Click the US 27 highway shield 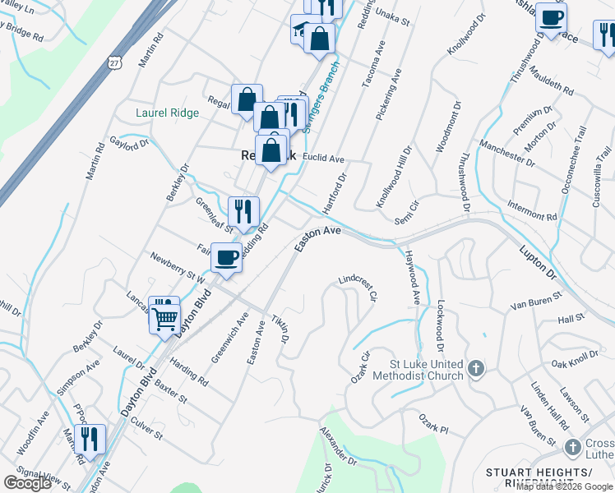click(x=113, y=62)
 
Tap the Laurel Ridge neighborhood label click(x=167, y=113)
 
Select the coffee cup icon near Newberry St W click(x=226, y=257)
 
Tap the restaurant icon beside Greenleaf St click(x=243, y=211)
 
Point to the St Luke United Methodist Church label click(x=417, y=370)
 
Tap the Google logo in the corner click(x=28, y=482)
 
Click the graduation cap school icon click(x=301, y=33)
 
